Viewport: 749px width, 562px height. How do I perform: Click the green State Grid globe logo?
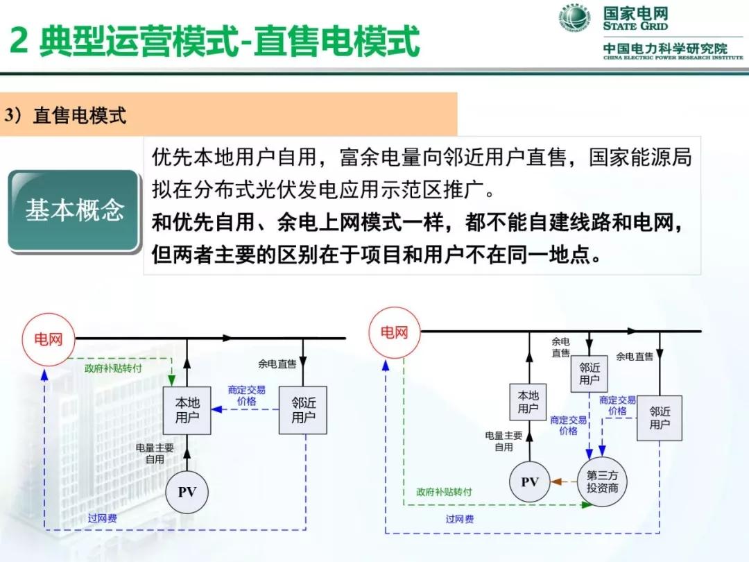[x=576, y=19]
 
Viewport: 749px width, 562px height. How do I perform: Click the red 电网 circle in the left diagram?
[x=48, y=339]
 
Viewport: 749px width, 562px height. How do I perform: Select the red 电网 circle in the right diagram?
[x=394, y=332]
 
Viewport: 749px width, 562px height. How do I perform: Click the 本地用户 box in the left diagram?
[x=187, y=411]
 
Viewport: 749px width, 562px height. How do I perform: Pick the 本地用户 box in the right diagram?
[x=528, y=402]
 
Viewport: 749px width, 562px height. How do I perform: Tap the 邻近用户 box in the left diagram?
[x=303, y=411]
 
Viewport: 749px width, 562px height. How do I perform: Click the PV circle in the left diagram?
[x=187, y=492]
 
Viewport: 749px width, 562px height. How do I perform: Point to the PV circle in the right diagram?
[x=530, y=482]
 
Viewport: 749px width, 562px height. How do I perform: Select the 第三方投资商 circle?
[x=602, y=482]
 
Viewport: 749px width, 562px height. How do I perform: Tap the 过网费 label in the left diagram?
[x=102, y=518]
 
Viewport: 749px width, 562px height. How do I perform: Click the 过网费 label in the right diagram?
[x=460, y=519]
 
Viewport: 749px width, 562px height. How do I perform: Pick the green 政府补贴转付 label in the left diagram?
[x=113, y=368]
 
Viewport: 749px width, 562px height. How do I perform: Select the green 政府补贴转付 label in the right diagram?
[x=444, y=491]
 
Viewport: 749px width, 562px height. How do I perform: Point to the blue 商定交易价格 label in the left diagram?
[x=246, y=395]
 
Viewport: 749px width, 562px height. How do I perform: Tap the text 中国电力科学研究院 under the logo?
[x=665, y=49]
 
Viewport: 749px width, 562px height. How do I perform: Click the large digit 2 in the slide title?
[x=19, y=42]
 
